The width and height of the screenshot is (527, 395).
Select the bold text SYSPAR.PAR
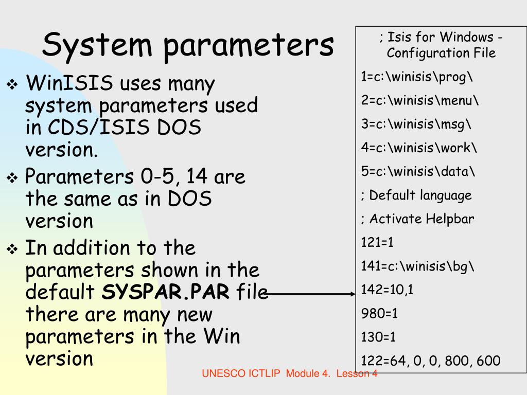tap(166, 292)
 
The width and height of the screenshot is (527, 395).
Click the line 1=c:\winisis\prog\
tap(416, 77)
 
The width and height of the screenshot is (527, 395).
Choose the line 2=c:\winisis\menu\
tap(419, 101)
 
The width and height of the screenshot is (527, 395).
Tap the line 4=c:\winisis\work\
tap(419, 148)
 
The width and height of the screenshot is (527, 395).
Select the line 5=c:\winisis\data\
tap(418, 172)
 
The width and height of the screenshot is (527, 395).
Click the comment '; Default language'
tap(416, 195)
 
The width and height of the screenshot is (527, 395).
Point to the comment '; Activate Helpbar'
tap(417, 219)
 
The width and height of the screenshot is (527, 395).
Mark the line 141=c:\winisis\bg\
tap(418, 266)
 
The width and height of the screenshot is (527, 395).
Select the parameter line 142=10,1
tap(387, 290)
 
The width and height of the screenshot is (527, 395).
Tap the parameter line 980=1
tap(379, 313)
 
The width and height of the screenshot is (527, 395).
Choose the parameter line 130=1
tap(379, 337)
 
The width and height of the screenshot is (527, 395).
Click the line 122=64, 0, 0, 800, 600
tap(430, 361)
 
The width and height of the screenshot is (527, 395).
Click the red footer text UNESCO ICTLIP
tap(242, 374)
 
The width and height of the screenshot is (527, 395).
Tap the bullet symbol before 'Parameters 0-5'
tap(12, 178)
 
